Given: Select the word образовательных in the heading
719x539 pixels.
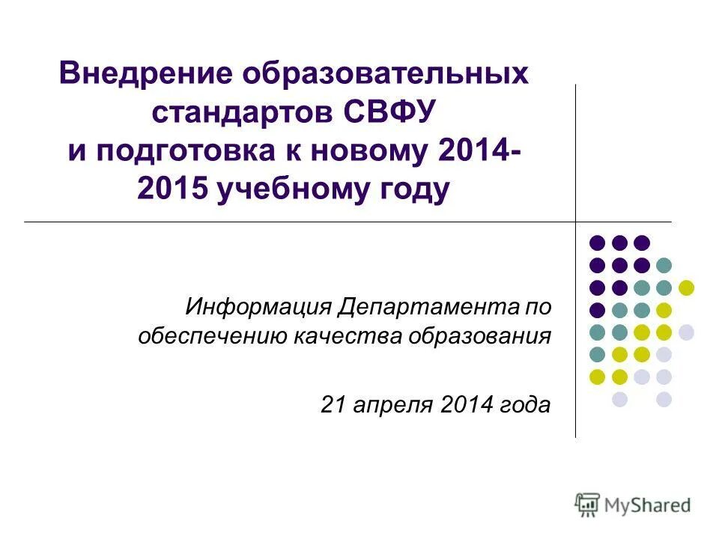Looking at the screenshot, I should [386, 73].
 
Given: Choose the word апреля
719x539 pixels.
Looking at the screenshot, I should [391, 405].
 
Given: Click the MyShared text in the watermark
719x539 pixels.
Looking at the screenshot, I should [649, 505].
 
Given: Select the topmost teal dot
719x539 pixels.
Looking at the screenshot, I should [664, 265].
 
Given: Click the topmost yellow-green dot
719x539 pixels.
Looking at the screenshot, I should [686, 287].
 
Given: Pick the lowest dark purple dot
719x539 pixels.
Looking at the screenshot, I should [597, 310].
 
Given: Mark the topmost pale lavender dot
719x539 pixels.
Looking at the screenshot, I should [686, 332].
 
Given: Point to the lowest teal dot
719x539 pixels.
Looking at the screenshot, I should [597, 354].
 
